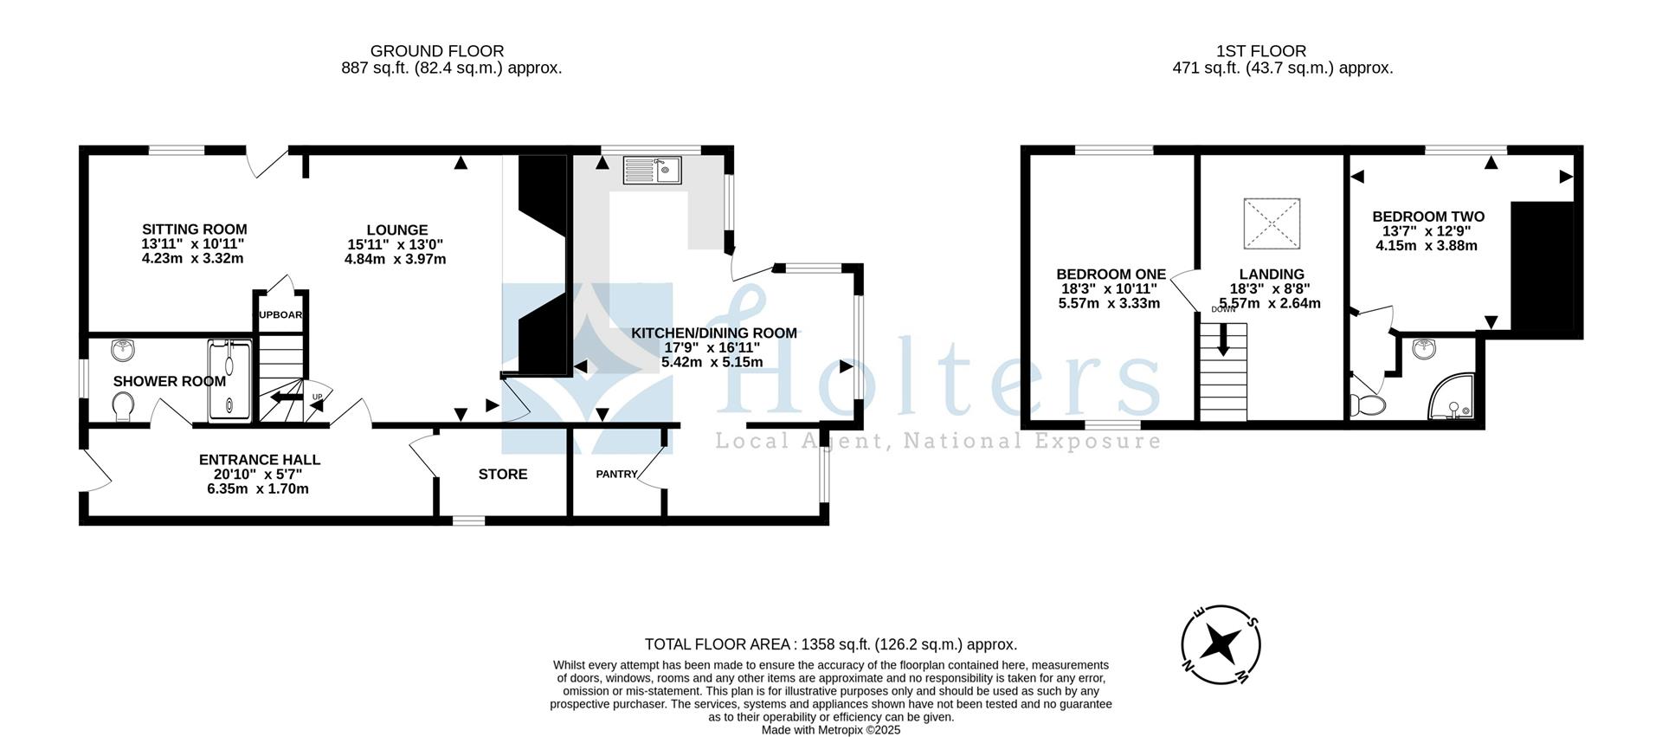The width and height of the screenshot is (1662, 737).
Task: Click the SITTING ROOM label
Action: click(194, 230)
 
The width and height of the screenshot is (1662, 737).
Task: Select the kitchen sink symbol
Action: click(652, 170)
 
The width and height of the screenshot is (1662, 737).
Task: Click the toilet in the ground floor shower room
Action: click(124, 405)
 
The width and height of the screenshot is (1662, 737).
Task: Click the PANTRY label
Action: click(616, 475)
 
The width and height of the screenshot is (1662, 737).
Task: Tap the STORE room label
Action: click(503, 475)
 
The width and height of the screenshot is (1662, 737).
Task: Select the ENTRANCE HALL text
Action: click(260, 460)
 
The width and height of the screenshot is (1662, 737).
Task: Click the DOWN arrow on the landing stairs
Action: click(1223, 339)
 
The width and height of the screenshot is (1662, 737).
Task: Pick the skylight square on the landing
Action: click(1272, 223)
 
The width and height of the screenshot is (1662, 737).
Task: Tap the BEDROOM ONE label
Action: click(1111, 275)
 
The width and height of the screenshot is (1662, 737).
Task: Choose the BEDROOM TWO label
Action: click(1428, 217)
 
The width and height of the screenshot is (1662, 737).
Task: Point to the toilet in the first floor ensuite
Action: click(1369, 404)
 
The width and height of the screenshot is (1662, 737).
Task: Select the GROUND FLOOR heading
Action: click(437, 51)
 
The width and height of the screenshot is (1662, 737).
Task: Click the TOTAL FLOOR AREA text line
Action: click(830, 644)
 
